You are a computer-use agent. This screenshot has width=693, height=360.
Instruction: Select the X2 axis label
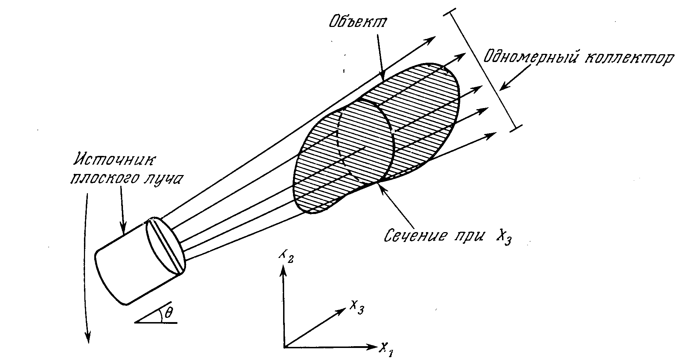(x=286, y=255)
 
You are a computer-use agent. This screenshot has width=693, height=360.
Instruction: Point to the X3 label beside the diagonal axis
(x=356, y=308)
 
